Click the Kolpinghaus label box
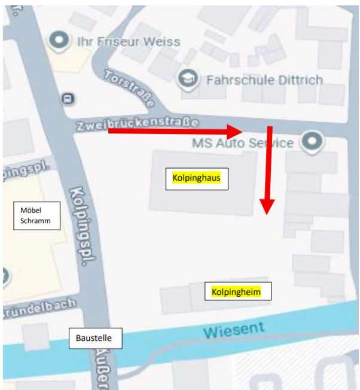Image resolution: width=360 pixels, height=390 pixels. [197, 178]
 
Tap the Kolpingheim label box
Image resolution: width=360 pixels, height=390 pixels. [237, 291]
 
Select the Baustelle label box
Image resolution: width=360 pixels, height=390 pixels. [98, 338]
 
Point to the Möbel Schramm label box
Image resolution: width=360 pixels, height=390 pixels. [37, 216]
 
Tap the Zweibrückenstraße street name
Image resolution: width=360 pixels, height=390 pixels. [137, 124]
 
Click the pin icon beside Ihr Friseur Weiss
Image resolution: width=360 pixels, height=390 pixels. [59, 41]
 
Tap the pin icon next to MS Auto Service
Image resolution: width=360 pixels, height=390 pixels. [312, 142]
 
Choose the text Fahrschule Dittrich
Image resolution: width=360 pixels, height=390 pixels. [264, 80]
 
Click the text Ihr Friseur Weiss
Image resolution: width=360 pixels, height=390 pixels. [129, 41]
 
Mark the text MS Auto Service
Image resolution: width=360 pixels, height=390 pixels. [243, 144]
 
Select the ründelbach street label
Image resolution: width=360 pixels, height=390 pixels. [39, 308]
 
